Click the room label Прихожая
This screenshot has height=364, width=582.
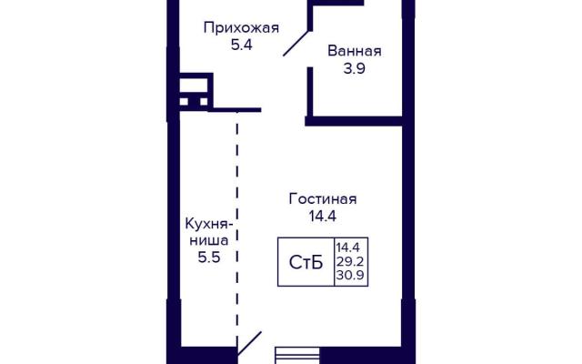(x=241, y=28)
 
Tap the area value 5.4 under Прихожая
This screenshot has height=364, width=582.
(x=242, y=45)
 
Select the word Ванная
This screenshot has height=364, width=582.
(x=355, y=51)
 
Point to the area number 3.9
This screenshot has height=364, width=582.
(x=355, y=68)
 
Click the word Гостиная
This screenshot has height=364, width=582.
(x=323, y=199)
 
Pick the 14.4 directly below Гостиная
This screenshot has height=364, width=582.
(x=323, y=217)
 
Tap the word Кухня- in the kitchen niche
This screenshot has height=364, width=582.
(x=209, y=225)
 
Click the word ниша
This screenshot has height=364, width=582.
(x=209, y=240)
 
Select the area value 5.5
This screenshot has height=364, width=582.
(x=209, y=257)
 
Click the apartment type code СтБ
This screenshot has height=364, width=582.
(x=306, y=263)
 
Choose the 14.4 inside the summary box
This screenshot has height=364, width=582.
(x=348, y=247)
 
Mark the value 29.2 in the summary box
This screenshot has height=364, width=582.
(x=350, y=261)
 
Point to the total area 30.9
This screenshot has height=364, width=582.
(x=350, y=276)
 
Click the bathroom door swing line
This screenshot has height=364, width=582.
(x=296, y=44)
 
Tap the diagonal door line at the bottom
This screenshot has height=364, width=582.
(x=249, y=343)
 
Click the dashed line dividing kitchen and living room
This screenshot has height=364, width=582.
(x=237, y=230)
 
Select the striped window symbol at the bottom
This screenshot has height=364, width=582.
(x=297, y=356)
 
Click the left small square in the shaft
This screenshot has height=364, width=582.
(x=184, y=101)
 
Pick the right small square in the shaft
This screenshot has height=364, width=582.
(x=204, y=101)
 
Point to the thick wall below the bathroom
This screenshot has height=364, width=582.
(x=354, y=121)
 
